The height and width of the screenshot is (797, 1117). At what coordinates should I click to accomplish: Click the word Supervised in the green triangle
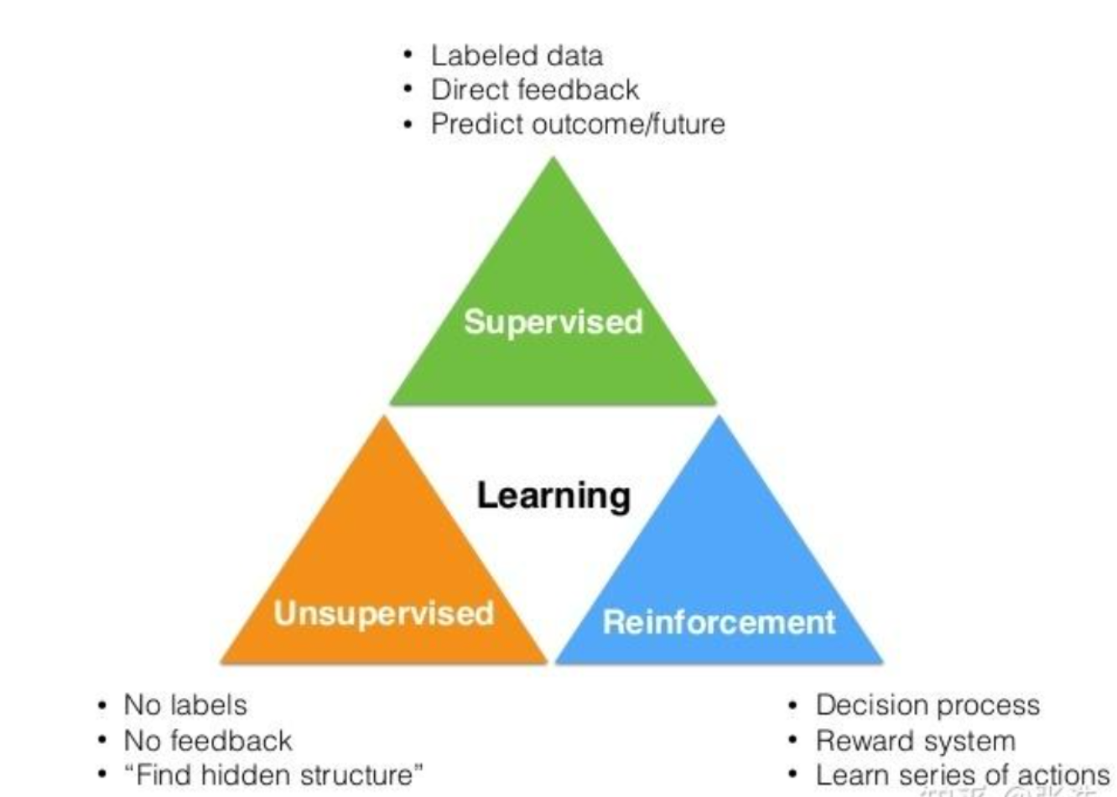click(x=553, y=322)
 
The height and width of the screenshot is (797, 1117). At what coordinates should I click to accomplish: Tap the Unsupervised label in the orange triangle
click(x=383, y=613)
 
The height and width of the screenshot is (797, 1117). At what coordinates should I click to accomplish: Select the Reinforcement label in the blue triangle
click(x=719, y=622)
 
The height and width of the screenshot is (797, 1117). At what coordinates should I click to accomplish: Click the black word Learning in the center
click(x=553, y=495)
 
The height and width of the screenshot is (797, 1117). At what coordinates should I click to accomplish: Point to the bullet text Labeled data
click(x=517, y=56)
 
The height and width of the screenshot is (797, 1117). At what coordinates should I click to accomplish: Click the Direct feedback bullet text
click(x=534, y=90)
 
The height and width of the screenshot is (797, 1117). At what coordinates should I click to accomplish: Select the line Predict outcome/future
click(x=578, y=124)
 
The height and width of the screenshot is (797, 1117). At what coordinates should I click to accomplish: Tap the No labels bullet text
click(x=185, y=705)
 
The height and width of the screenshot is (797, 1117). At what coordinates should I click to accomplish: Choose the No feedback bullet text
click(x=207, y=741)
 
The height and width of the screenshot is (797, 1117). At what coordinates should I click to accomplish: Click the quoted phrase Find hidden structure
click(x=273, y=774)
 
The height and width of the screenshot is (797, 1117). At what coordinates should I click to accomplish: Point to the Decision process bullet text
click(x=927, y=705)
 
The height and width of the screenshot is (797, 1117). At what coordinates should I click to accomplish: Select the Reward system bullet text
click(x=915, y=741)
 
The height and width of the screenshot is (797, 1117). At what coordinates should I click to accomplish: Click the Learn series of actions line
click(x=962, y=774)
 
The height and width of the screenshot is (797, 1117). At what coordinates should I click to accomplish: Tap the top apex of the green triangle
click(x=553, y=159)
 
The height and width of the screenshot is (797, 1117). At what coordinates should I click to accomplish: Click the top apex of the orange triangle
click(x=384, y=418)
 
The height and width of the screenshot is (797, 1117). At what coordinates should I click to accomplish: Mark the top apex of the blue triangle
click(x=720, y=418)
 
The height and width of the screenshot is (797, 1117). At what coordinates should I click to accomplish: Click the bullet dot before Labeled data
click(x=408, y=55)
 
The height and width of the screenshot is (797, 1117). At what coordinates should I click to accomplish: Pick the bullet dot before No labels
click(x=101, y=705)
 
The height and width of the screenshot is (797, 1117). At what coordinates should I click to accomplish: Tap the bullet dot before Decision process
click(x=793, y=705)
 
